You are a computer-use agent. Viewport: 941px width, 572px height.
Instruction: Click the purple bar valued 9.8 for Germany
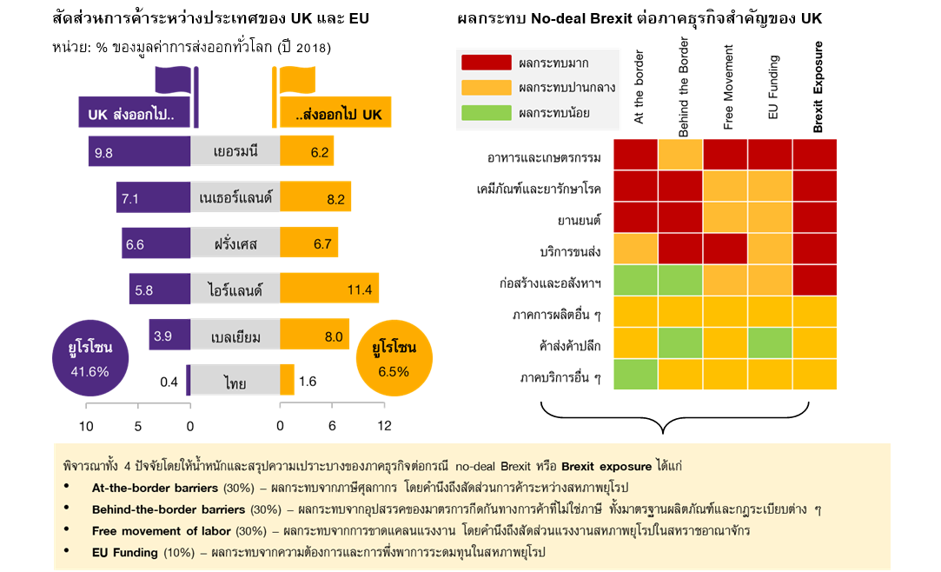pos(139,152)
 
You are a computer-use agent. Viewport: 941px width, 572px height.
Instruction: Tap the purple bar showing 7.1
pos(154,198)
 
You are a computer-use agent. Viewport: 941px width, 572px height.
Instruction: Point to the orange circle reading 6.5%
pos(393,359)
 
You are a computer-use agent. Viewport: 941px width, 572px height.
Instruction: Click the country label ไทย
pos(234,381)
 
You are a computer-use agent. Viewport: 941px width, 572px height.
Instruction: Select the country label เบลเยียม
pos(235,336)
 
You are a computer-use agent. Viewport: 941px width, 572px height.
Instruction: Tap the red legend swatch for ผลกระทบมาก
pos(486,63)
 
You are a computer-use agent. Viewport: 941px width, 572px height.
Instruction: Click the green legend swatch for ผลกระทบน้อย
pos(486,112)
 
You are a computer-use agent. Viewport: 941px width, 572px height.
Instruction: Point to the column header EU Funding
pos(772,87)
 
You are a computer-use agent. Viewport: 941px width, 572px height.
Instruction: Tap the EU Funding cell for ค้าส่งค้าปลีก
pos(770,343)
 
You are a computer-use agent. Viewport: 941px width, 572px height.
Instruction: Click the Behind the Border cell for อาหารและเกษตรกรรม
pos(680,155)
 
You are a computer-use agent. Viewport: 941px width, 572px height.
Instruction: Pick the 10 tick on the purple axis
pos(87,426)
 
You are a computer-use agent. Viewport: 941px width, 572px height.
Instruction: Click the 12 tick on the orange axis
pos(384,426)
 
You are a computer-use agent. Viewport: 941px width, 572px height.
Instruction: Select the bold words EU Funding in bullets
pos(124,552)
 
